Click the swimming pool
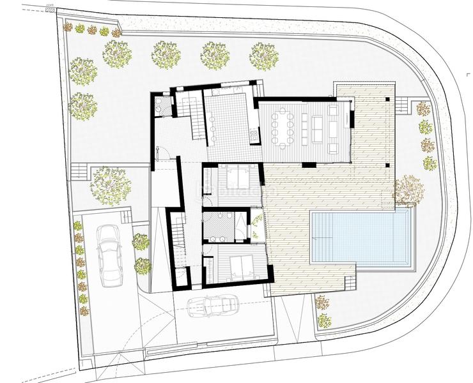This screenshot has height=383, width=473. click(361, 237)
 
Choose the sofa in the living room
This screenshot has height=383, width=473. click(333, 128)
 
